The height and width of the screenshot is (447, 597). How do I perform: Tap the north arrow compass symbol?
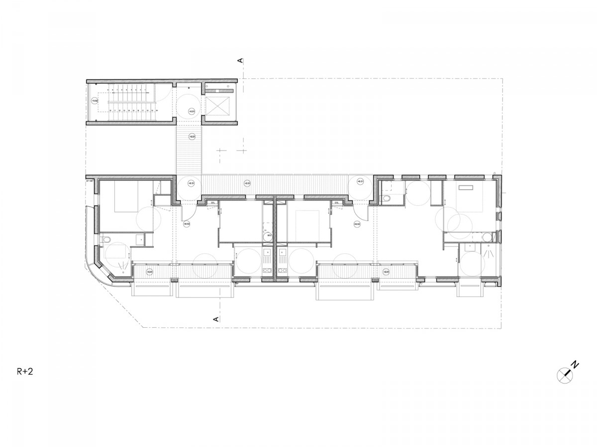point(566,373)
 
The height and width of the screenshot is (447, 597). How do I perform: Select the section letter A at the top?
point(240,61)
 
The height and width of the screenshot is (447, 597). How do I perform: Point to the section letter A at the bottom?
point(216,319)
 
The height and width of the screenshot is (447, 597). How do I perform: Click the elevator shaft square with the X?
point(219,105)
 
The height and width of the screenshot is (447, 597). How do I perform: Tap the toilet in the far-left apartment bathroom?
point(103,241)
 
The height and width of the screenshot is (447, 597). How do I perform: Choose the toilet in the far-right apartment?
point(388,199)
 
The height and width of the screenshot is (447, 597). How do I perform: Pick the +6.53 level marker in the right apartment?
point(357,224)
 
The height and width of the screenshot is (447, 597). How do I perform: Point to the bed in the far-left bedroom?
point(128,197)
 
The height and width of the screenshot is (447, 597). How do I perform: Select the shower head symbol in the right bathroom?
point(490,253)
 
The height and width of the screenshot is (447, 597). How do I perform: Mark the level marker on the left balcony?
point(149,272)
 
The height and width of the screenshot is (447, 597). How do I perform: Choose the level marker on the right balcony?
point(386,272)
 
